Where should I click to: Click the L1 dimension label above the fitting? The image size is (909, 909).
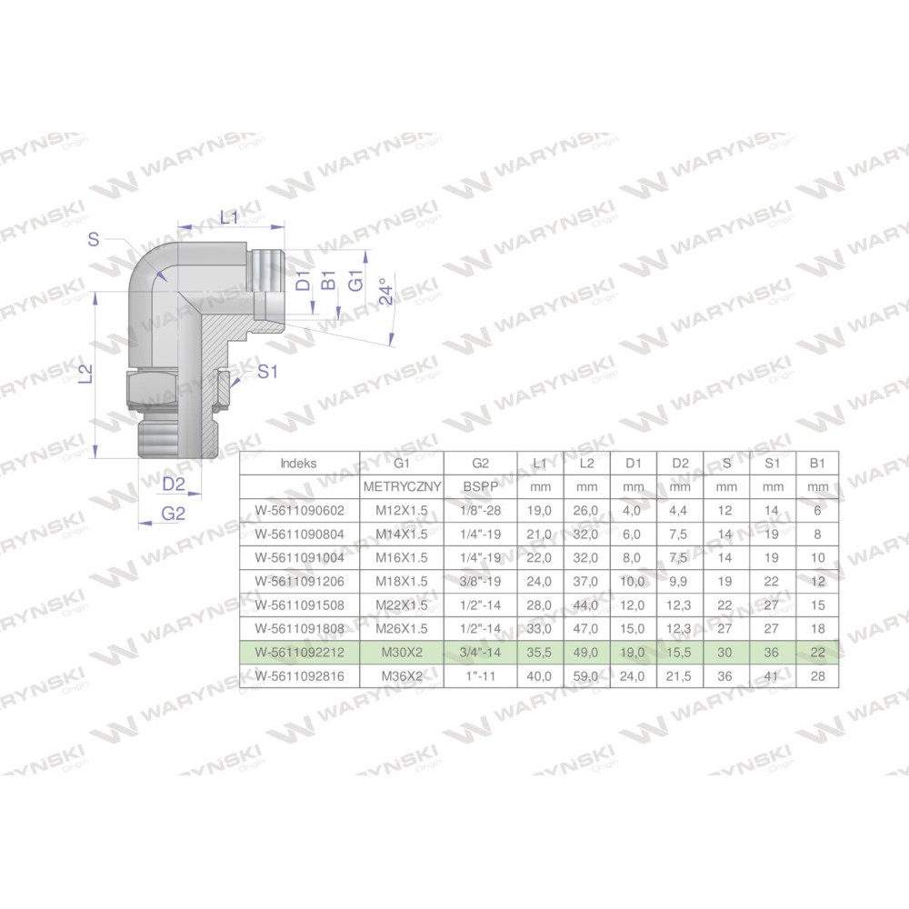(x=229, y=218)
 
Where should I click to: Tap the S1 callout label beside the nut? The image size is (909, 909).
(x=267, y=372)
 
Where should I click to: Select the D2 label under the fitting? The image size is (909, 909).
(x=174, y=484)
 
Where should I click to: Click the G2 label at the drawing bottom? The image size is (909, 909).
(x=174, y=513)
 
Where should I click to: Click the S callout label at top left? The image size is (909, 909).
(x=94, y=239)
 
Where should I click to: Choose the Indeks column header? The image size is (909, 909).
(x=298, y=464)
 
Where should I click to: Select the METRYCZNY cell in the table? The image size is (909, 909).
(x=402, y=487)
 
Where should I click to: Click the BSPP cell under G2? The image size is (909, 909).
(x=480, y=487)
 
